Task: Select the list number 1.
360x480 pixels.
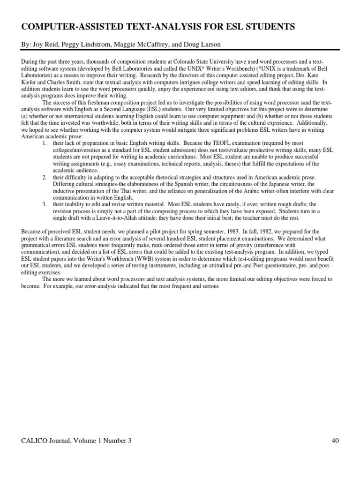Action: tap(44, 142)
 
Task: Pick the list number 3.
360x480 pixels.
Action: tap(44, 204)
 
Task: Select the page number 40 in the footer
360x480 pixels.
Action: tap(334, 440)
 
